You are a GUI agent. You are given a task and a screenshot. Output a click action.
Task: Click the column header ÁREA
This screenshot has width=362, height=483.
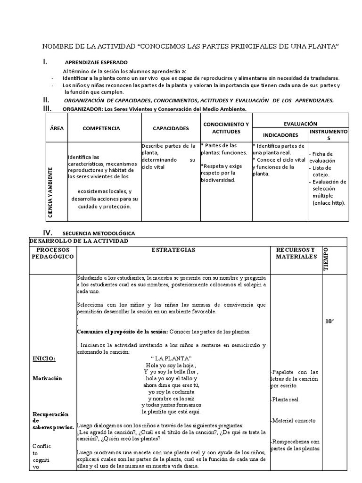coord(56,128)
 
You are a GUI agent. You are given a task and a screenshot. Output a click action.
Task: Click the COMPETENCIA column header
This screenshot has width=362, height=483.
coord(101,128)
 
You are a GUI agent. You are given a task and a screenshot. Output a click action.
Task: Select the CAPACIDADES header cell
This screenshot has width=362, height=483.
coord(171,128)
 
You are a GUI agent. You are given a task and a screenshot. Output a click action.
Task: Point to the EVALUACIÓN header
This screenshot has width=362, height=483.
coord(300,123)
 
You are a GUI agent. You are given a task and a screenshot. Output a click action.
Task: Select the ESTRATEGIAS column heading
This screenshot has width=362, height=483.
coord(173,250)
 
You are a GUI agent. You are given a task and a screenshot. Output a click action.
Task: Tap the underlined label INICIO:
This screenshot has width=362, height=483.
coord(44,358)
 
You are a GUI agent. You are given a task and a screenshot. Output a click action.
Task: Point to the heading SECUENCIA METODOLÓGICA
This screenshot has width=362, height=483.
coord(99,233)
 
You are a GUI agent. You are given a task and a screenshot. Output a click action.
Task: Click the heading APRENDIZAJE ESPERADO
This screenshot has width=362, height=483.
coord(96,62)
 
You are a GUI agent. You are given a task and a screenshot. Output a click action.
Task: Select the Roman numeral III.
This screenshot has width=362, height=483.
coord(47,109)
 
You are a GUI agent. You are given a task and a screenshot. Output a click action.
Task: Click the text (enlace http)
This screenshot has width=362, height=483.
coord(329,202)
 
